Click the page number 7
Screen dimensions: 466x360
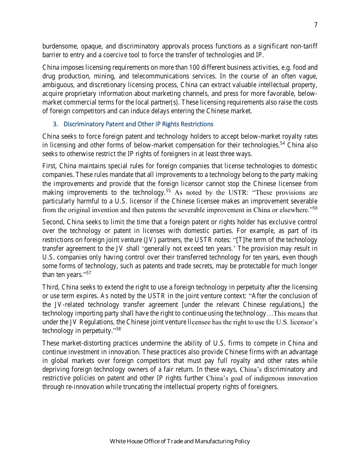coord(315,25)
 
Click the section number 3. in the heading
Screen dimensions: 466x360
coord(55,124)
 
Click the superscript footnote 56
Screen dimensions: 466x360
coord(315,208)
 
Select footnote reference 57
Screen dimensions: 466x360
coord(88,273)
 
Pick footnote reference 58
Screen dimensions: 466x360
coord(118,329)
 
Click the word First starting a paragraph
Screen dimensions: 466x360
coord(49,166)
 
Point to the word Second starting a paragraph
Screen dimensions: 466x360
coord(53,222)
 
